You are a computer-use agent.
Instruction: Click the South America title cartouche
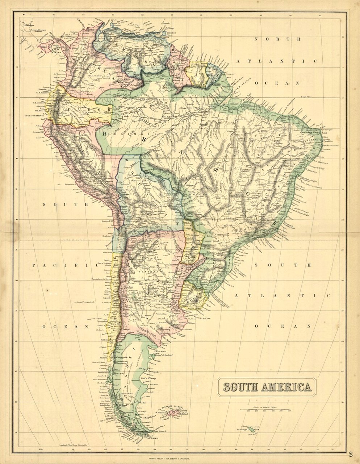(x=267, y=387)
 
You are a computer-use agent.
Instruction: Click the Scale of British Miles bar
(x=264, y=409)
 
